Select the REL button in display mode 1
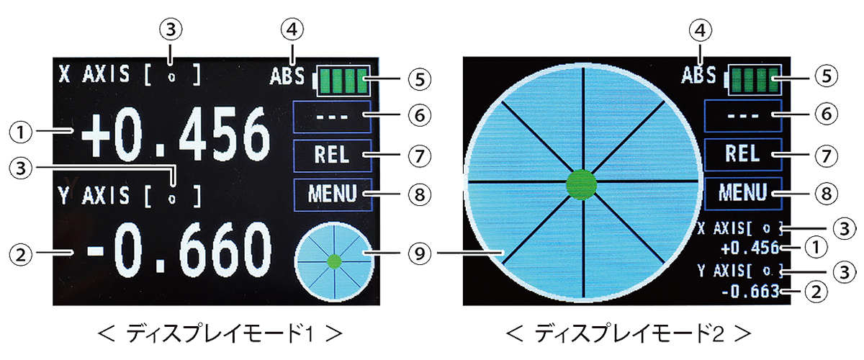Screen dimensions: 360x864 click(x=332, y=154)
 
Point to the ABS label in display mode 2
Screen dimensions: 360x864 click(x=699, y=76)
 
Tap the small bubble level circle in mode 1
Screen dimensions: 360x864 click(x=333, y=260)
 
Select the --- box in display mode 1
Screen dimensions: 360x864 click(x=332, y=116)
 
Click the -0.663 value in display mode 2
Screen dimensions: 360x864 click(x=750, y=292)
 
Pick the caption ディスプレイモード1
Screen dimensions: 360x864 click(x=221, y=333)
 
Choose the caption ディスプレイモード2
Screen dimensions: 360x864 click(x=630, y=333)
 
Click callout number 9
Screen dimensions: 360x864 click(x=419, y=253)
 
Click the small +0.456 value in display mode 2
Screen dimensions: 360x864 click(x=750, y=249)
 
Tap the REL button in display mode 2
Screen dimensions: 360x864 click(x=742, y=154)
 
